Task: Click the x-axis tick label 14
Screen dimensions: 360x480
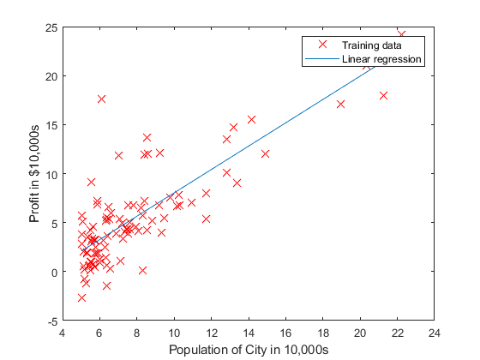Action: click(x=249, y=333)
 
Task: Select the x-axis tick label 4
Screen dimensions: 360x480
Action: click(x=63, y=333)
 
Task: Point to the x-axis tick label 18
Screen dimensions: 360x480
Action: click(x=323, y=333)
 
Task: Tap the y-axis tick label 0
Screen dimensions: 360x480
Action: click(x=54, y=273)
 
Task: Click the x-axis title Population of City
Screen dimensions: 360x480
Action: click(x=249, y=350)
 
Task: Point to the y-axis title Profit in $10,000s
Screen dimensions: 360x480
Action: click(x=35, y=174)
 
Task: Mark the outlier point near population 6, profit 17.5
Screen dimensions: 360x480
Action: click(x=101, y=99)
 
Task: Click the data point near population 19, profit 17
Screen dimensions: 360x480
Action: click(x=340, y=104)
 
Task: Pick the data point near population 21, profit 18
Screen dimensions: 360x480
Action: click(x=383, y=95)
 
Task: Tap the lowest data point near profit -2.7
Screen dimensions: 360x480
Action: click(x=81, y=297)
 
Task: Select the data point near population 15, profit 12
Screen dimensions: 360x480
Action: click(x=265, y=153)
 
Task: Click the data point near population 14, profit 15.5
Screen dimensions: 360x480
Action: click(x=251, y=119)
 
